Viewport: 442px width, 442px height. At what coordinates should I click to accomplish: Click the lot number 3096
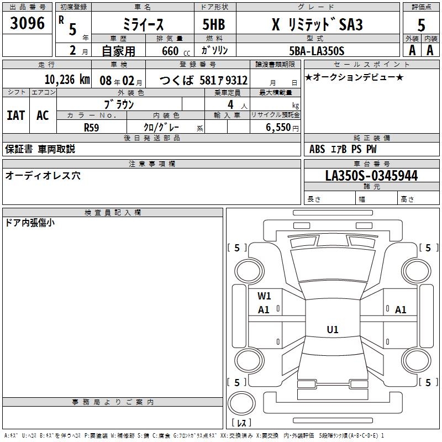(x=27, y=23)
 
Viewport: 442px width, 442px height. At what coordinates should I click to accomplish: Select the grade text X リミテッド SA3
(x=317, y=24)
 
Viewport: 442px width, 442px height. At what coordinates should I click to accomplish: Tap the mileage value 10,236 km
(x=67, y=80)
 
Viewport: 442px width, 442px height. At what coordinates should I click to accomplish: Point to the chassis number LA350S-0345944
(x=371, y=175)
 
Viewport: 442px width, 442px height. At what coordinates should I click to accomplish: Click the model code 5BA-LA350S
(x=317, y=51)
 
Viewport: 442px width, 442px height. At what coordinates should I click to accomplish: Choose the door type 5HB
(x=214, y=24)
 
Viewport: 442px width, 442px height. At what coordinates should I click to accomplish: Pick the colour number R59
(x=91, y=128)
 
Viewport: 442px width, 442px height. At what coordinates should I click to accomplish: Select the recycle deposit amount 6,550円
(x=282, y=128)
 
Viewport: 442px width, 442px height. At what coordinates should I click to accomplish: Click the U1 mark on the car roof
(x=333, y=329)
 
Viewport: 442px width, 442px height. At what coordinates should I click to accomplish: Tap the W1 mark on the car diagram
(x=264, y=296)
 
